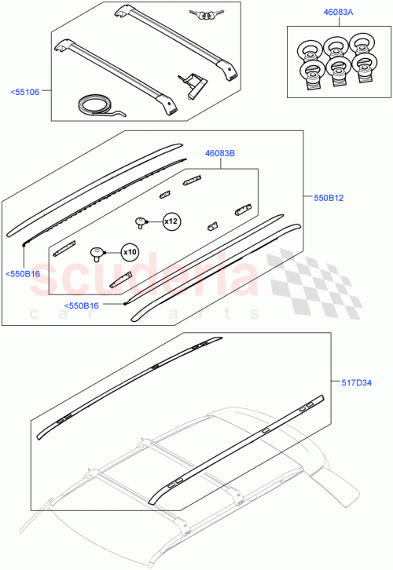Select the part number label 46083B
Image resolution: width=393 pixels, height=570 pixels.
click(221, 153)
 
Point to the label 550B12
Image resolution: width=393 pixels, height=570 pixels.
click(329, 199)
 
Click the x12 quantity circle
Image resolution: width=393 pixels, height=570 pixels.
click(171, 222)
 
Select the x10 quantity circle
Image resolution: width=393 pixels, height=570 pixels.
click(129, 253)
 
